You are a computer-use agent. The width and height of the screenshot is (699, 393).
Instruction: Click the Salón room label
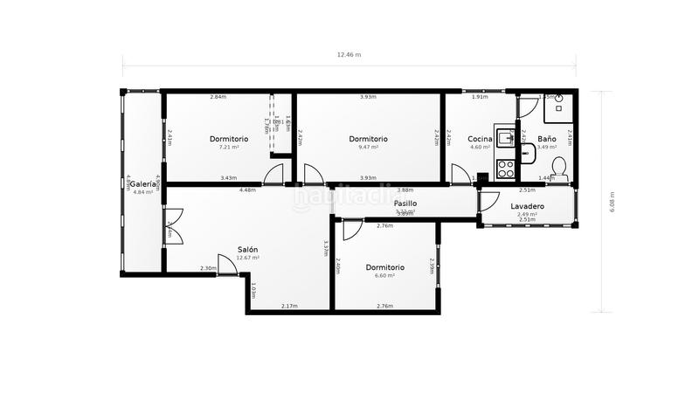(x=247, y=249)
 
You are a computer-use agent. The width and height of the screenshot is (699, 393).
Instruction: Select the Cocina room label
(x=480, y=139)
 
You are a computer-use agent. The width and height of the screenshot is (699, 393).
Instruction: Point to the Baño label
(x=546, y=139)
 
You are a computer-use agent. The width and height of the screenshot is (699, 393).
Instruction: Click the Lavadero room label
(x=527, y=206)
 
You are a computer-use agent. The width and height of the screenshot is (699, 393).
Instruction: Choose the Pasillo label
(x=405, y=203)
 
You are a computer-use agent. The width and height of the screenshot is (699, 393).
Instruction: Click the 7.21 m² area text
(x=228, y=147)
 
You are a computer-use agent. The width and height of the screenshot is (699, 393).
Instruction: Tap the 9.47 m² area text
(x=368, y=147)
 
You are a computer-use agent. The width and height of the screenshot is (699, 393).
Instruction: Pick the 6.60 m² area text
(x=384, y=275)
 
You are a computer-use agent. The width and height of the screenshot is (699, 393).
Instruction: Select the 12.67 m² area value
(x=247, y=258)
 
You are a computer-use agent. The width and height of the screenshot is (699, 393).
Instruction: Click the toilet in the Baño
(x=559, y=169)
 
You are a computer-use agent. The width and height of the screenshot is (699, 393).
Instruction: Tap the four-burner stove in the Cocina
(x=505, y=166)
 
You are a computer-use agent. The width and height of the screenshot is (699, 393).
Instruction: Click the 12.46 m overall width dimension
(x=349, y=54)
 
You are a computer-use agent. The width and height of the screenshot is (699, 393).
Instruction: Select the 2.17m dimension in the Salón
(x=289, y=306)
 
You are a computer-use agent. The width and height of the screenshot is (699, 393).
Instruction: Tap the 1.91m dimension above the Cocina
(x=479, y=97)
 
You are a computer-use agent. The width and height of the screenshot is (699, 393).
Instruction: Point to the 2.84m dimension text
(x=218, y=97)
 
